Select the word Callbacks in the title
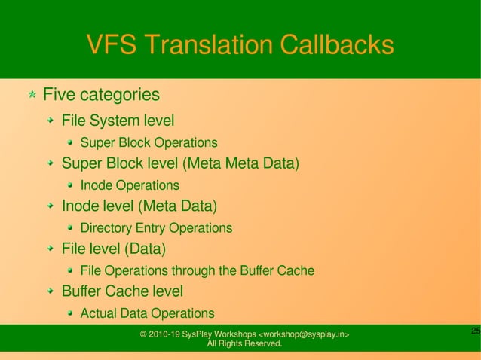(336, 45)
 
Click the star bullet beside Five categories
(32, 96)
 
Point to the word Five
(59, 96)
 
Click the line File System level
(118, 121)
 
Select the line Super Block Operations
(149, 142)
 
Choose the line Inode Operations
(130, 185)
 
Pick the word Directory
(106, 227)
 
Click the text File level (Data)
(113, 249)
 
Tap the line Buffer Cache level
(122, 291)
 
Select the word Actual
(99, 313)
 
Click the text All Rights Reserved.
(245, 344)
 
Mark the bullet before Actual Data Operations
(70, 313)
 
